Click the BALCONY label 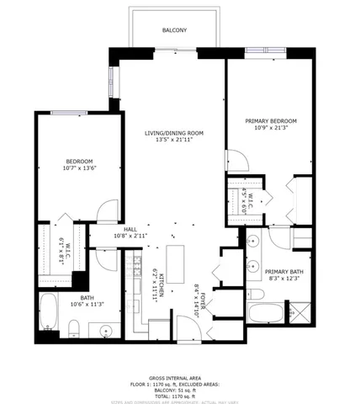point(174,31)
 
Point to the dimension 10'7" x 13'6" point(80,168)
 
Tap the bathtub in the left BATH point(49,315)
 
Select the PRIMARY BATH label point(283,271)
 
